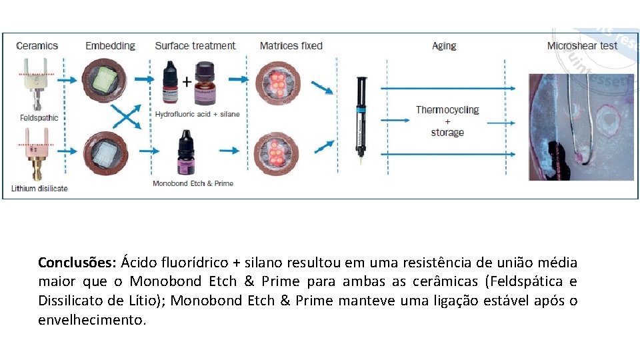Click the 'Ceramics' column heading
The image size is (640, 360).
click(x=37, y=46)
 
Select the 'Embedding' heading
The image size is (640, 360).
click(x=110, y=46)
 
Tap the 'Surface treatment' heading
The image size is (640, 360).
click(x=195, y=46)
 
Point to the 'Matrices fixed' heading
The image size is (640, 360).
click(x=291, y=46)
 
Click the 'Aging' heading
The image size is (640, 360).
click(x=444, y=46)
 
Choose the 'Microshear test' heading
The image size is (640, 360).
click(x=582, y=46)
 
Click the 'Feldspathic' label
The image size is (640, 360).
click(x=39, y=118)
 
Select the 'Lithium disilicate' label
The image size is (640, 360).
click(x=39, y=189)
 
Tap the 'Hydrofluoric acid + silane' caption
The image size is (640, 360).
click(x=197, y=114)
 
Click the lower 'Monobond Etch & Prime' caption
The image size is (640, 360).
click(x=193, y=183)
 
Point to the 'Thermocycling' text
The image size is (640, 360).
click(x=447, y=110)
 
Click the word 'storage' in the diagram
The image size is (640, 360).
click(x=447, y=133)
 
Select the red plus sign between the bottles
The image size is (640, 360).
click(x=187, y=81)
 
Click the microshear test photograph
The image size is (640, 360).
click(x=581, y=127)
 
